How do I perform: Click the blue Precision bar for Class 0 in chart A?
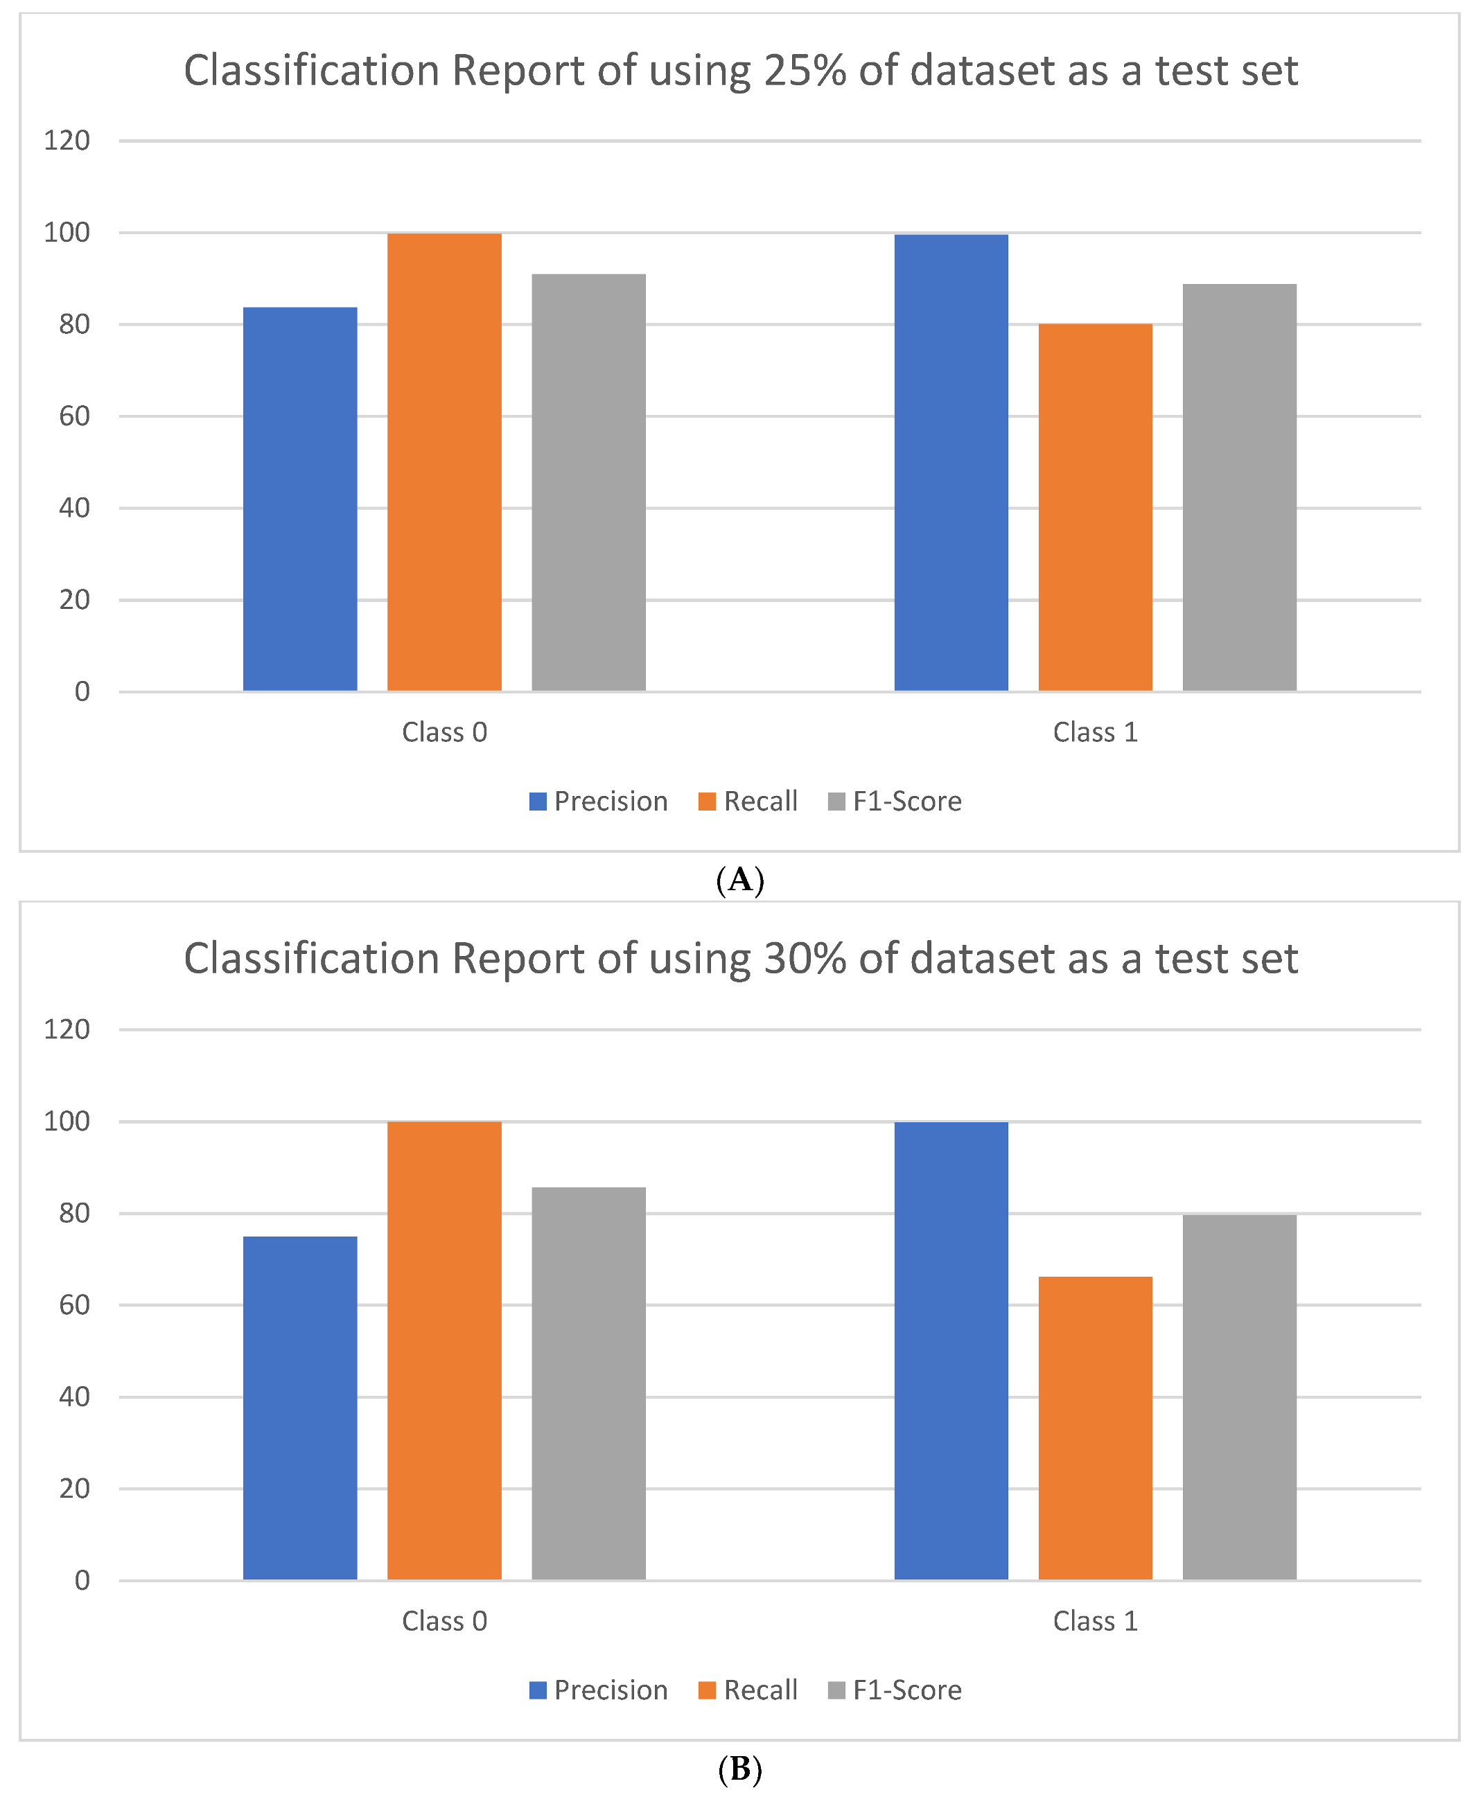[300, 499]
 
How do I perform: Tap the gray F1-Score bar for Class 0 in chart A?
[588, 483]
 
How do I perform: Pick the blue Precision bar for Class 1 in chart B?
[951, 1350]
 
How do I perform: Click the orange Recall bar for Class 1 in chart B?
[1095, 1427]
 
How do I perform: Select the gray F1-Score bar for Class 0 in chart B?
[588, 1383]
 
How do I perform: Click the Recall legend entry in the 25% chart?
[748, 801]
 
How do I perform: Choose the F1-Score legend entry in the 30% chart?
[895, 1690]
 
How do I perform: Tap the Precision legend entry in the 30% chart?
[598, 1690]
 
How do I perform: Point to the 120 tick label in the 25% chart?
[67, 140]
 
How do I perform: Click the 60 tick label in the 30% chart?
[74, 1305]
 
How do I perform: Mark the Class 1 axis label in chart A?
[1095, 732]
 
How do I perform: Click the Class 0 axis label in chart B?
[444, 1621]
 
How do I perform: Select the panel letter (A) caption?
[740, 879]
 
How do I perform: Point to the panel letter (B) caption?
[740, 1769]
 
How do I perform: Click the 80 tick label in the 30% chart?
[74, 1213]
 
